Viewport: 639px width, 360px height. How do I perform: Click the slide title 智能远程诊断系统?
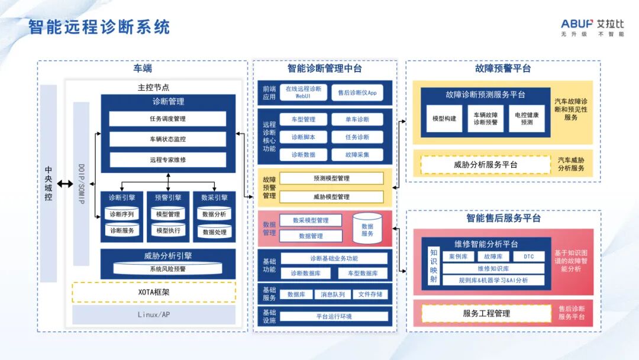click(99, 27)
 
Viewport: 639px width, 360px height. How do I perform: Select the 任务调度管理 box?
click(167, 119)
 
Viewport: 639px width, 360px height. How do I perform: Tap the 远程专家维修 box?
click(167, 160)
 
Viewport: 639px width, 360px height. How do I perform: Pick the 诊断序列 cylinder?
click(122, 214)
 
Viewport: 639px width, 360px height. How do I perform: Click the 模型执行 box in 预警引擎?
click(168, 230)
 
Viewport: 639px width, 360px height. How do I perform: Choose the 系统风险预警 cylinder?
click(167, 269)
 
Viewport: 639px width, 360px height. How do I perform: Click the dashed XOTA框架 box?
click(154, 292)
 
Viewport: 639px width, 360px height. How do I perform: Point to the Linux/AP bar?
click(154, 314)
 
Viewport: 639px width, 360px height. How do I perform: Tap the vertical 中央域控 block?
click(49, 184)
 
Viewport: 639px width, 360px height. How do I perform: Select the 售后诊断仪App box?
click(357, 93)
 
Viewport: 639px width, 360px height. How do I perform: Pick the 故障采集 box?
click(357, 155)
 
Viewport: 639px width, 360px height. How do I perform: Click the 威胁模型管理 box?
click(331, 197)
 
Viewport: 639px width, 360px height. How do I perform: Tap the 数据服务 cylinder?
click(367, 229)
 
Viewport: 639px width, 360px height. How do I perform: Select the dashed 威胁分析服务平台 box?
click(485, 165)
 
